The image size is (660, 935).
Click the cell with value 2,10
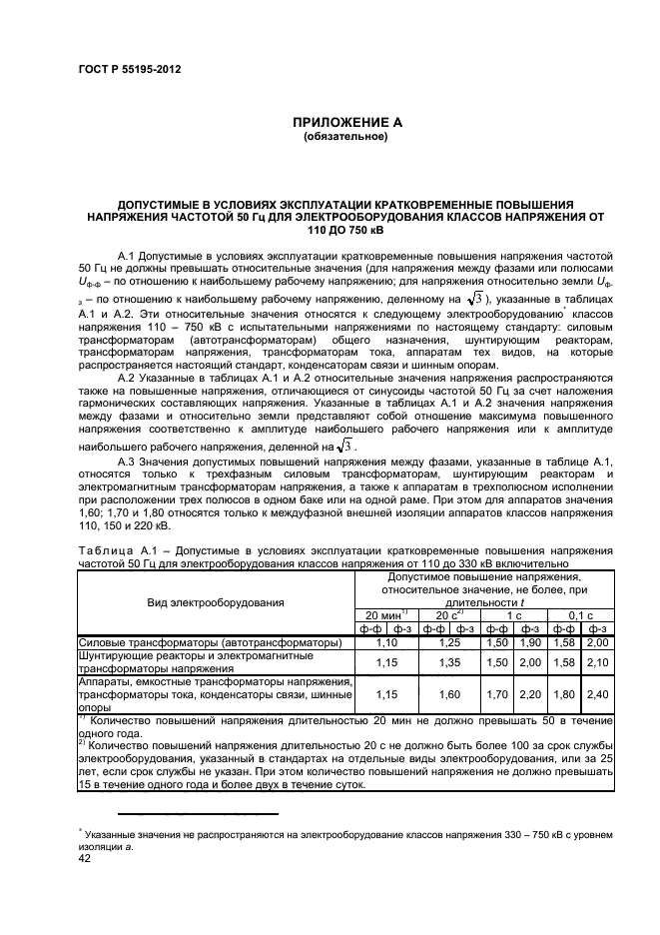click(597, 661)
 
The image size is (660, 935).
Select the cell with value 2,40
click(597, 693)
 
